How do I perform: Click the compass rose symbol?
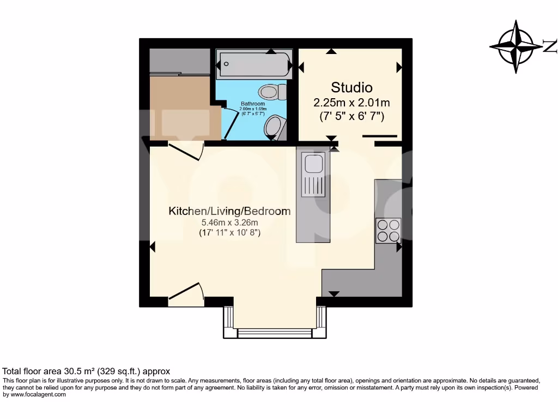[x=517, y=46]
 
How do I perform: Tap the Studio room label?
[x=351, y=87]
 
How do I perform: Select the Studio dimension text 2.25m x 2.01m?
[x=351, y=102]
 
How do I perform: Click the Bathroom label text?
[x=253, y=104]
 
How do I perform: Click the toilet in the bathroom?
[x=272, y=92]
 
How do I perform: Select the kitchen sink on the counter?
[x=314, y=164]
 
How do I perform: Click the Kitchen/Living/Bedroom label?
[x=229, y=211]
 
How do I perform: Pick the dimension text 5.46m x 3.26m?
[x=229, y=223]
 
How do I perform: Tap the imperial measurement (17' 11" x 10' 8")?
[x=229, y=232]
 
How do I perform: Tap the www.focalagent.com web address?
[x=38, y=394]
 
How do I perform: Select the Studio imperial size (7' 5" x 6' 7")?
[x=351, y=116]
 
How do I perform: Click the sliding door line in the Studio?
[x=380, y=136]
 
